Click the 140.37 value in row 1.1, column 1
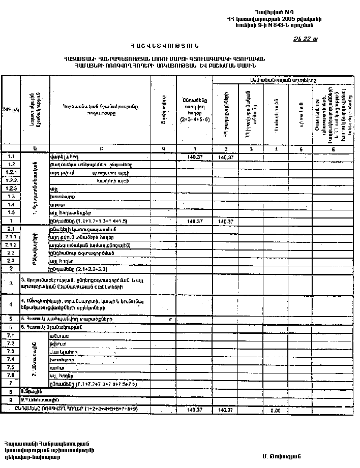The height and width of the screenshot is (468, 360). coord(194,158)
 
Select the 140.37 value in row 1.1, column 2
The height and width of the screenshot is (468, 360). coord(225,158)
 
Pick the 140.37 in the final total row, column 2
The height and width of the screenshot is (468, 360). coord(225,410)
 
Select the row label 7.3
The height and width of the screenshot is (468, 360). coord(11,352)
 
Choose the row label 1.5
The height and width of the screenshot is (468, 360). coord(11,212)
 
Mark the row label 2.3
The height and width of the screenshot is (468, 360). coord(11,260)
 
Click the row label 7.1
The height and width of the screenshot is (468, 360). coord(11,336)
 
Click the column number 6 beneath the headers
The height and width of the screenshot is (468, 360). coord(333,149)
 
